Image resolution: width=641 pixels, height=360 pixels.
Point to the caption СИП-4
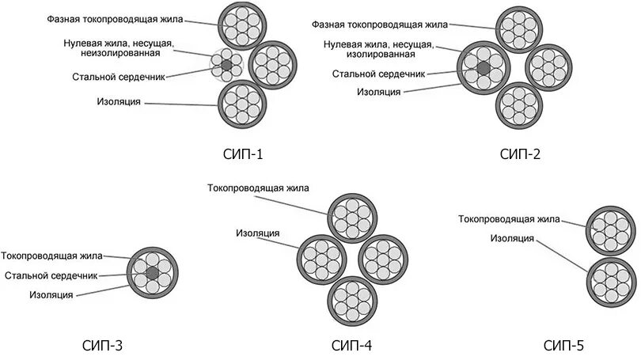click(x=352, y=345)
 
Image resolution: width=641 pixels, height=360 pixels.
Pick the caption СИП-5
click(x=564, y=345)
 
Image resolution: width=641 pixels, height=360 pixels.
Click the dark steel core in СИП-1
click(x=226, y=64)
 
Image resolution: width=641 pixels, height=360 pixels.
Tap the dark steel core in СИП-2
click(x=484, y=70)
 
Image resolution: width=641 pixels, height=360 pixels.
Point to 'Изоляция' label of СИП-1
click(x=119, y=102)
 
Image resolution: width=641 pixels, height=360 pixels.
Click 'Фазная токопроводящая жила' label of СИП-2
click(x=377, y=25)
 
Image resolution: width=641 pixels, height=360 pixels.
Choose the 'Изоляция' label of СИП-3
click(x=51, y=294)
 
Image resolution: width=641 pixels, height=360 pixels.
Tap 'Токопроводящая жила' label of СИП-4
click(x=258, y=188)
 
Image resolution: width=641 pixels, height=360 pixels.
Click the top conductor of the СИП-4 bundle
click(x=352, y=217)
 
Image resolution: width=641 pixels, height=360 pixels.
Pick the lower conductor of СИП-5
click(x=611, y=280)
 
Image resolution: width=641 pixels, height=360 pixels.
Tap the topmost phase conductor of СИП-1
click(x=241, y=26)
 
